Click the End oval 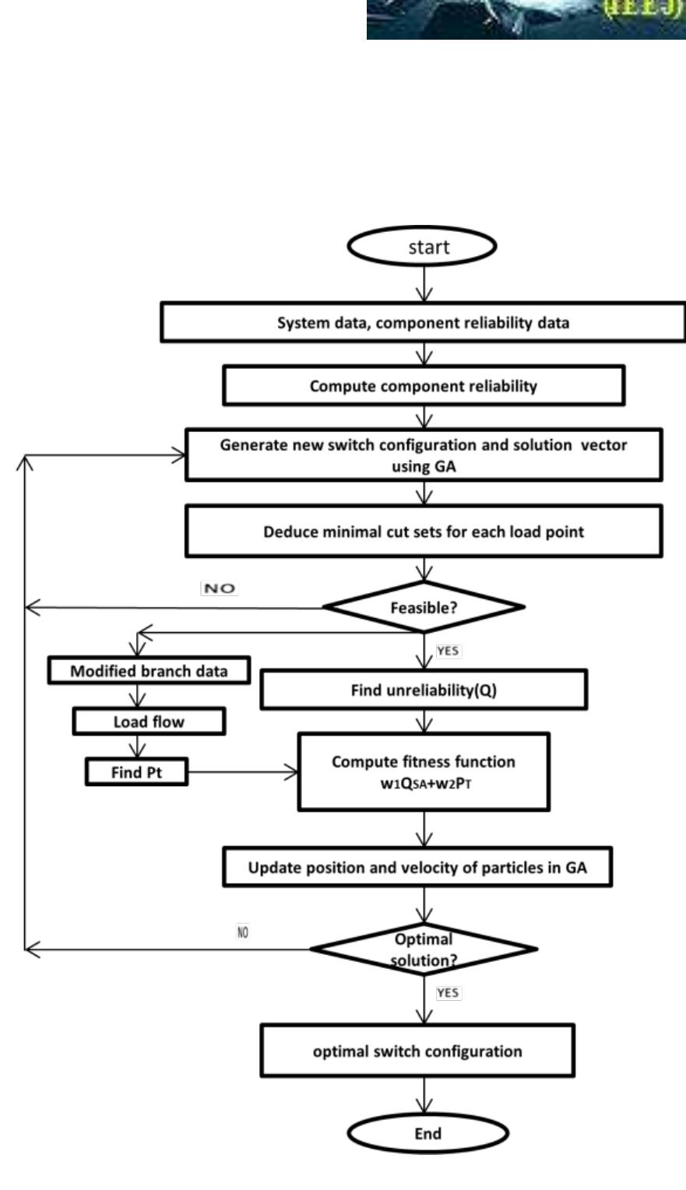pyautogui.click(x=427, y=1132)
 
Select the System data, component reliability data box pyautogui.click(x=423, y=322)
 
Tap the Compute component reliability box pyautogui.click(x=424, y=386)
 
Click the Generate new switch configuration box pyautogui.click(x=424, y=455)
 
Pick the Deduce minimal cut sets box pyautogui.click(x=424, y=532)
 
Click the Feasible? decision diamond pyautogui.click(x=424, y=607)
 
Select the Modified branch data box pyautogui.click(x=149, y=671)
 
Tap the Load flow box pyautogui.click(x=149, y=721)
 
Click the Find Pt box pyautogui.click(x=136, y=773)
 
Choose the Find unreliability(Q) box pyautogui.click(x=424, y=690)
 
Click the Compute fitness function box pyautogui.click(x=424, y=771)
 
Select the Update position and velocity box pyautogui.click(x=417, y=868)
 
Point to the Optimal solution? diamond pyautogui.click(x=424, y=949)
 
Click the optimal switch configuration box pyautogui.click(x=417, y=1051)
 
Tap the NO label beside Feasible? pyautogui.click(x=219, y=588)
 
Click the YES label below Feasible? pyautogui.click(x=448, y=651)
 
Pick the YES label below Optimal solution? pyautogui.click(x=448, y=992)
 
